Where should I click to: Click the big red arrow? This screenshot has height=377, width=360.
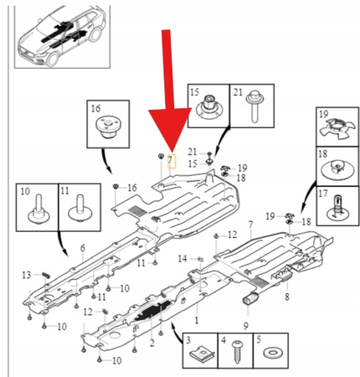tap(167, 92)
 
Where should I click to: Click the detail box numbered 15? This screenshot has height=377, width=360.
tap(204, 106)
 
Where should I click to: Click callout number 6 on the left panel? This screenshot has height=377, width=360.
tap(82, 249)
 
